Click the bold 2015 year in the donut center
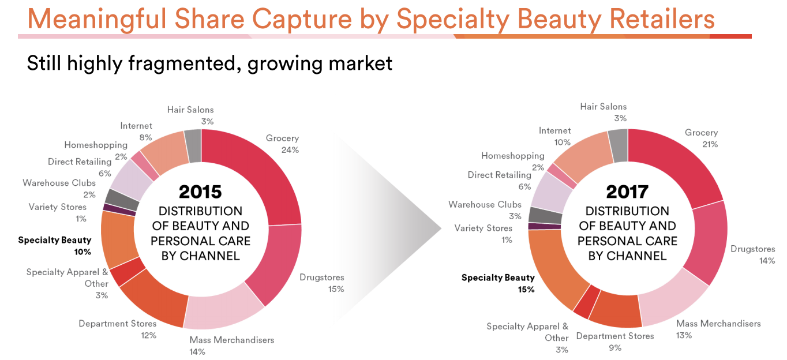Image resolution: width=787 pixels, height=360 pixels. coord(200,192)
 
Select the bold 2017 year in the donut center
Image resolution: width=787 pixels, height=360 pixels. coord(627,192)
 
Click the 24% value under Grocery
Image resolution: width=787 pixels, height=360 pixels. coord(290,150)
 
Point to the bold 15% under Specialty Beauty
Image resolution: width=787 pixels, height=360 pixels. coord(526,290)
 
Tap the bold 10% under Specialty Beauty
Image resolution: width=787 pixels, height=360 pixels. coord(83,252)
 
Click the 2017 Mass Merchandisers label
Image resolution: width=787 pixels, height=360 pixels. coord(718,324)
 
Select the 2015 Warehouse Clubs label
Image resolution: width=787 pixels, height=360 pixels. coord(59,183)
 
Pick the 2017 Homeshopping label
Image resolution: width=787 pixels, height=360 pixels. coord(512,156)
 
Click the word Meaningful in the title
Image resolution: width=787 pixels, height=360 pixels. coord(96,19)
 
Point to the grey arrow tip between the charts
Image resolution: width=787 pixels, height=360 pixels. coord(441,228)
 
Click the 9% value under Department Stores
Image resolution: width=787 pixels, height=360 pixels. coord(615,348)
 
